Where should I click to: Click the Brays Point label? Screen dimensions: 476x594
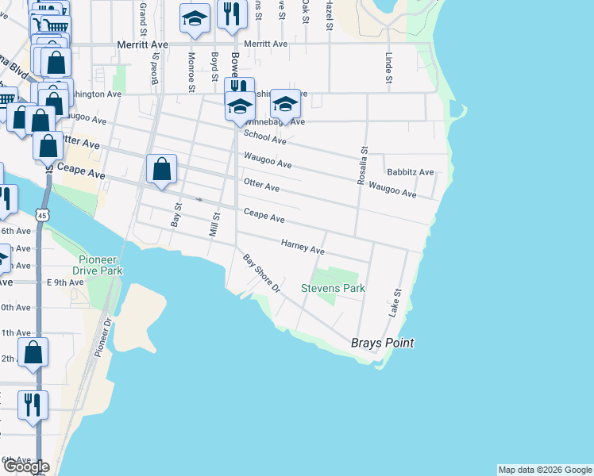point(383,344)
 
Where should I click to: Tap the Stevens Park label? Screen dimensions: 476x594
point(333,288)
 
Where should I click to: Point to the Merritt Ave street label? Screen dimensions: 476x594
point(266,44)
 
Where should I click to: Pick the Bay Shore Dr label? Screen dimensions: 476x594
point(262,273)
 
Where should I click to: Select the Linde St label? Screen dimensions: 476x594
point(389,68)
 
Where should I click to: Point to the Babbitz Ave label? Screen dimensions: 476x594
point(410,172)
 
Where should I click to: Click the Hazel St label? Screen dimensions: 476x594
point(328,16)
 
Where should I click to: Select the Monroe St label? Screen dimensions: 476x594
point(191,72)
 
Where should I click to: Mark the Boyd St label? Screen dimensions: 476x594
point(214,67)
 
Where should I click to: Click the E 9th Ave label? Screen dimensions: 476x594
point(65,282)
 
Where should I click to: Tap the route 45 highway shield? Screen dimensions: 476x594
point(42,215)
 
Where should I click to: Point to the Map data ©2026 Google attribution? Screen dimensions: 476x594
point(545,470)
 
